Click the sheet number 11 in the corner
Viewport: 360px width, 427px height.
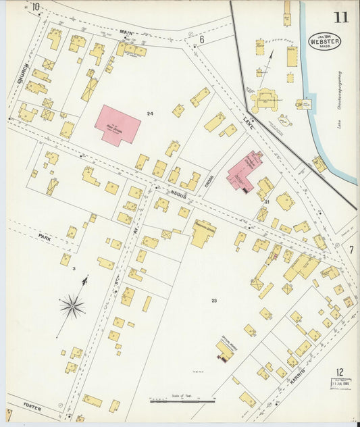pyautogui.click(x=341, y=16)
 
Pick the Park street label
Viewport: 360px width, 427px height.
pyautogui.click(x=45, y=237)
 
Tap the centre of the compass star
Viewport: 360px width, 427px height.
pyautogui.click(x=72, y=307)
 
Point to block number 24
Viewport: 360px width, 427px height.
pyautogui.click(x=151, y=114)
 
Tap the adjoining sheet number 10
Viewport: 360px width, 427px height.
pyautogui.click(x=35, y=7)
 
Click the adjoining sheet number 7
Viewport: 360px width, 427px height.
pyautogui.click(x=351, y=249)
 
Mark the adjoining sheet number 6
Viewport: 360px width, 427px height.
pyautogui.click(x=201, y=39)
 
